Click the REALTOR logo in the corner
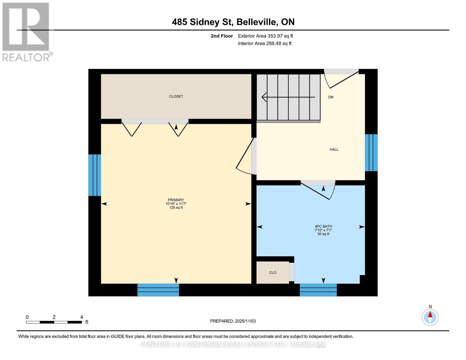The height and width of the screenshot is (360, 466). (x=26, y=31)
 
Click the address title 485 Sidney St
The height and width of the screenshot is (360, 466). (x=233, y=22)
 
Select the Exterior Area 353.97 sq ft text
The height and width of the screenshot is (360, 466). (x=265, y=36)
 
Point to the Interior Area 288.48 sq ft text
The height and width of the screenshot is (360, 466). (x=265, y=43)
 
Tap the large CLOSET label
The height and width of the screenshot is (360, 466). (x=176, y=96)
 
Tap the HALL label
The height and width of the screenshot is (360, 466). (x=334, y=149)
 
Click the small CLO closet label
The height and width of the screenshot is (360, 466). (x=272, y=272)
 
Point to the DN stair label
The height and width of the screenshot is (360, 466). (x=331, y=97)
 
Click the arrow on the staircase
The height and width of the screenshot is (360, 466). (x=288, y=97)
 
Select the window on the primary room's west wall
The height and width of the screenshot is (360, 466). (x=95, y=175)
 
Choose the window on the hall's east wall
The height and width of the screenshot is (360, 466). (x=371, y=152)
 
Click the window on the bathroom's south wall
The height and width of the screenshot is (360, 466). (x=318, y=290)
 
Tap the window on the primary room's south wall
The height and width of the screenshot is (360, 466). (x=158, y=290)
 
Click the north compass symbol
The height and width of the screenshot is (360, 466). (x=430, y=317)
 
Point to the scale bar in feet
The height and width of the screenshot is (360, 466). (x=54, y=322)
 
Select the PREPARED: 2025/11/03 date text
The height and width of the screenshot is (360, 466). (x=233, y=321)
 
